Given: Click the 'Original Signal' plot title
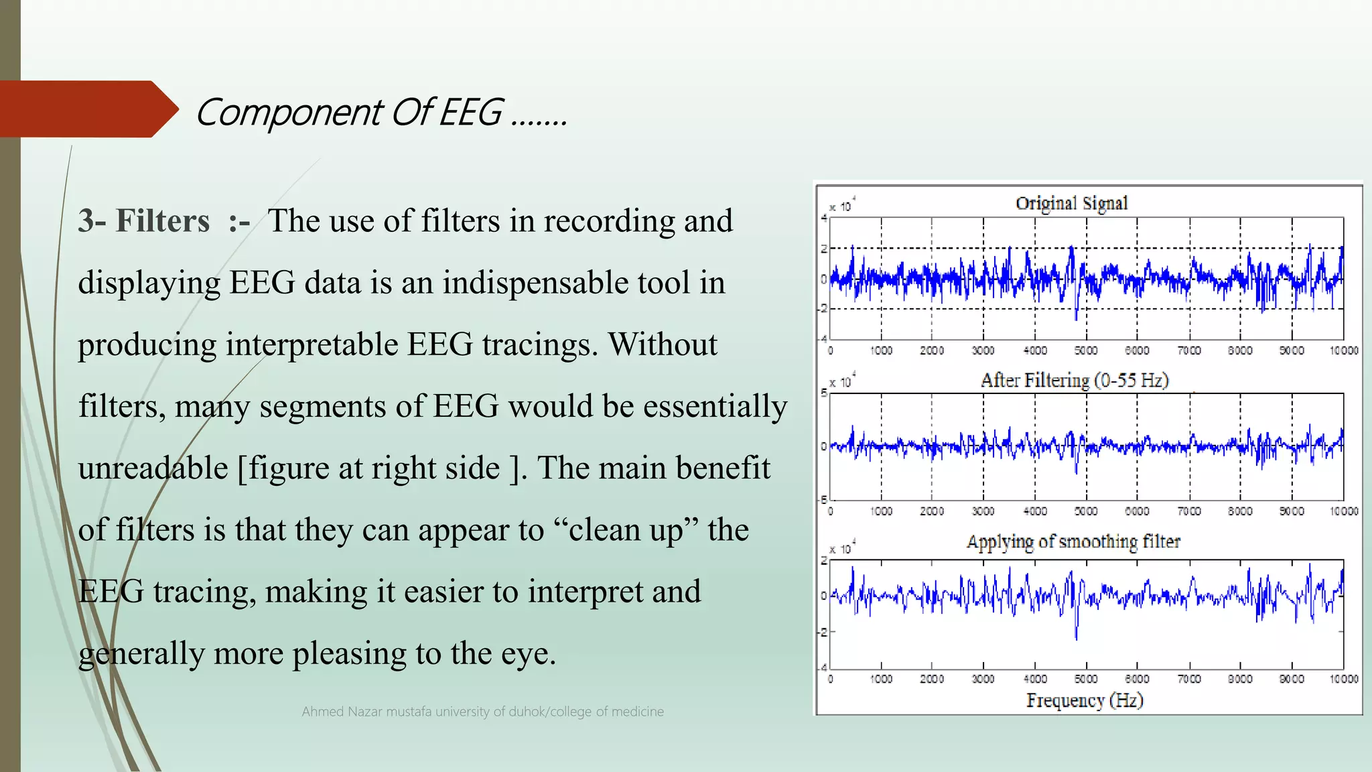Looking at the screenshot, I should pos(1071,203).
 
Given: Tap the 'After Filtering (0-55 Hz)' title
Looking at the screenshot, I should pos(1074,381).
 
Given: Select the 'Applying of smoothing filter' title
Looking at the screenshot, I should pos(1073,541).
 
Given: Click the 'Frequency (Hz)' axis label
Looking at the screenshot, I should pos(1084,700).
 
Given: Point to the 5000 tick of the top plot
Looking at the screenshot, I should pos(1086,350).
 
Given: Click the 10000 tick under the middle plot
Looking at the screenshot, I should pos(1343,511).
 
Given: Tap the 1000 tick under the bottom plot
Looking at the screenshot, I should pos(881,679).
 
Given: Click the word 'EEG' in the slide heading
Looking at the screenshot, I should pos(471,112).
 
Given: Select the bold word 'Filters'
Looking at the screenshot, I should pos(162,221).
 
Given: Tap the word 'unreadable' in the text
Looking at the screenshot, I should pos(153,468).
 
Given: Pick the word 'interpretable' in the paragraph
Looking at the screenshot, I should pos(312,344).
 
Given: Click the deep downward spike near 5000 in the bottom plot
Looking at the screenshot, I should pos(1076,633).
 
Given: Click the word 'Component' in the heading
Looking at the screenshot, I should pos(288,112).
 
